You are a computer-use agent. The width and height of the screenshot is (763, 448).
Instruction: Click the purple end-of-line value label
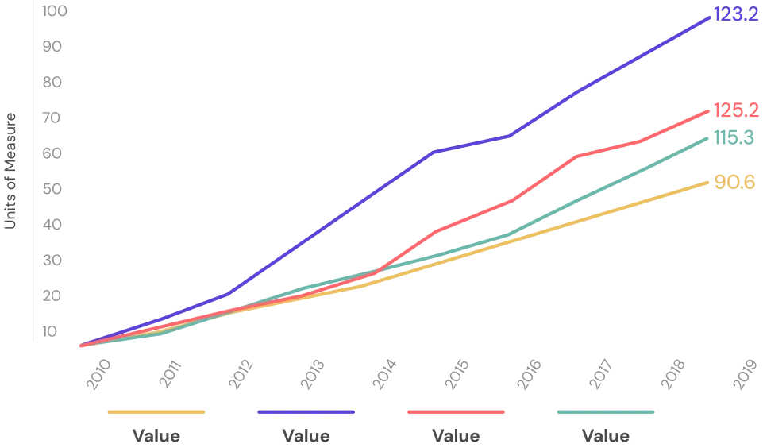click(735, 15)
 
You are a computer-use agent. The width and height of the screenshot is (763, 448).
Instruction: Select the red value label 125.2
click(735, 111)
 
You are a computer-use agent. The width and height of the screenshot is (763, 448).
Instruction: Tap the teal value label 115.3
click(735, 137)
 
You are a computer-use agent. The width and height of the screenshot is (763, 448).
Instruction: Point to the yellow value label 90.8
click(734, 182)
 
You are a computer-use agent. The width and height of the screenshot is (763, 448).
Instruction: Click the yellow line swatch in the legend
click(156, 413)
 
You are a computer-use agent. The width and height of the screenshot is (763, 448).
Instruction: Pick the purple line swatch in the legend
click(305, 413)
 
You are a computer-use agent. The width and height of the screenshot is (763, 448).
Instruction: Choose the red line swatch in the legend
click(457, 413)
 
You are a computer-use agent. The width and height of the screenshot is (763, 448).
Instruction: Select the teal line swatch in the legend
click(606, 413)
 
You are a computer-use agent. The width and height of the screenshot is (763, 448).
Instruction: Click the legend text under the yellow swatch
click(156, 438)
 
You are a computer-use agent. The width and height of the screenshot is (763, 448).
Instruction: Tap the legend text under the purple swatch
click(305, 438)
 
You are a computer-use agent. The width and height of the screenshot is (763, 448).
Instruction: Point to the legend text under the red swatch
click(457, 438)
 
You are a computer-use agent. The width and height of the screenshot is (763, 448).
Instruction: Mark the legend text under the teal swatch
click(607, 438)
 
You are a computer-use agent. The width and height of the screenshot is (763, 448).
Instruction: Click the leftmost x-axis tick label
click(98, 373)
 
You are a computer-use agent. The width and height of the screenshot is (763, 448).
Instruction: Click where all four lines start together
click(80, 346)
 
